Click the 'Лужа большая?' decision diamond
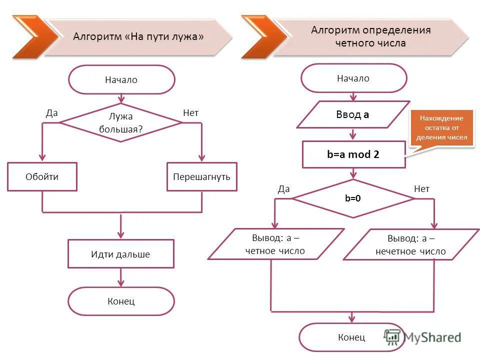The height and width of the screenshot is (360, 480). [121, 122]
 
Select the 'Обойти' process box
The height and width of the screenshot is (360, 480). [42, 176]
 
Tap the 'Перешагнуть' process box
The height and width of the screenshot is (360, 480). [201, 176]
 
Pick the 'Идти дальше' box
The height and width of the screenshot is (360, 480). [120, 254]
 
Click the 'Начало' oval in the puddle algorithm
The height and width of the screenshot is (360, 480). [121, 79]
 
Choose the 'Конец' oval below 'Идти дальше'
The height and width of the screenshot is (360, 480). [121, 301]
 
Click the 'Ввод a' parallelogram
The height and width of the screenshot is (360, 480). [353, 114]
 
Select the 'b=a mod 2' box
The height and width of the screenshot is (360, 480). [353, 154]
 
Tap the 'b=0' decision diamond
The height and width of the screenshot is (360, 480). [353, 198]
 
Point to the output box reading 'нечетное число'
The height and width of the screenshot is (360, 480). [410, 244]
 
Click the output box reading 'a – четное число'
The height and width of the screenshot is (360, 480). [275, 244]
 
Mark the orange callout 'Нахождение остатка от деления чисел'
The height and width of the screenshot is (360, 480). [441, 127]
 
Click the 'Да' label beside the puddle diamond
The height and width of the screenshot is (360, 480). [52, 113]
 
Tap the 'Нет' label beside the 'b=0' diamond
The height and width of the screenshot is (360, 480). [421, 188]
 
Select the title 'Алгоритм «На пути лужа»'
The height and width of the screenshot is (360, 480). [138, 36]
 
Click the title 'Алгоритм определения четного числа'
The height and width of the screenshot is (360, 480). [370, 36]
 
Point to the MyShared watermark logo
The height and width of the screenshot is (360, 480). [422, 337]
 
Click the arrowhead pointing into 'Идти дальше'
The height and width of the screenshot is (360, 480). [120, 235]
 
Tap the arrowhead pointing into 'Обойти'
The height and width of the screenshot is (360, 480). [42, 158]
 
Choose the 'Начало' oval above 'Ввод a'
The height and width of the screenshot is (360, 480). [353, 78]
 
